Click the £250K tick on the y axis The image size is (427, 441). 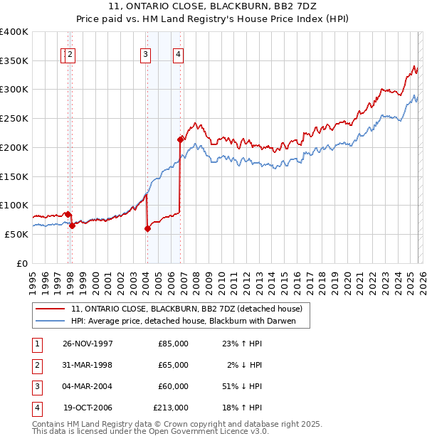(x=14, y=118)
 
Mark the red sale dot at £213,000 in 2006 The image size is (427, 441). (x=180, y=140)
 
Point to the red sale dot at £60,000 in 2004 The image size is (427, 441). (x=147, y=228)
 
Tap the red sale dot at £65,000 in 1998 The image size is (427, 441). (x=73, y=225)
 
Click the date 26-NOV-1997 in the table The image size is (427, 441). (x=88, y=344)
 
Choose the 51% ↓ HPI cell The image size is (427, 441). (x=242, y=386)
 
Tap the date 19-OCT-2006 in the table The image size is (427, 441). (x=88, y=408)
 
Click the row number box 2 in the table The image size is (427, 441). (x=36, y=365)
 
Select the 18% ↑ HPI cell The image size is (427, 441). (x=242, y=408)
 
